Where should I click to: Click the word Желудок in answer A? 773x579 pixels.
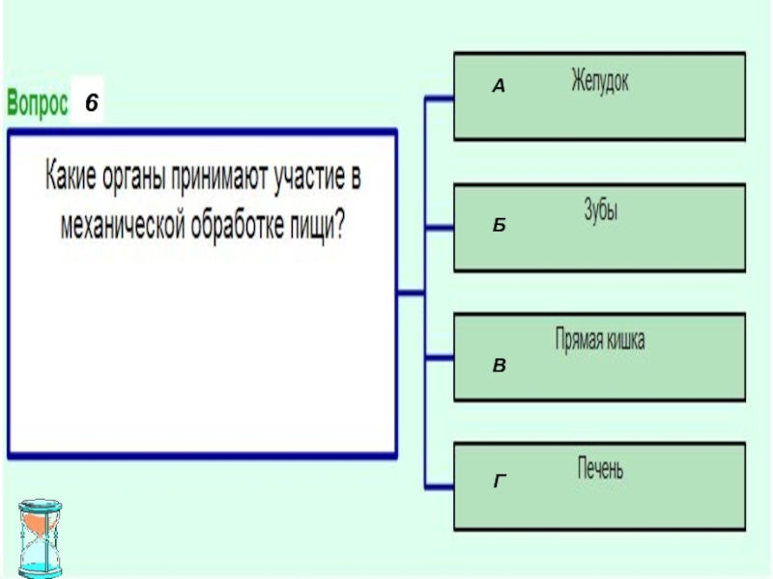[x=599, y=80]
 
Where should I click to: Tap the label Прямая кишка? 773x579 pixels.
[x=599, y=341]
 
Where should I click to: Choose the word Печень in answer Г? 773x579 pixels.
[x=599, y=472]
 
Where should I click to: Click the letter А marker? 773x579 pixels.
[x=499, y=87]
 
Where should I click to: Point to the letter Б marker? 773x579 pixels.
[x=499, y=225]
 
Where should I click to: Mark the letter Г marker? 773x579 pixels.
[x=500, y=479]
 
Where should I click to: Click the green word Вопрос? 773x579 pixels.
[x=39, y=102]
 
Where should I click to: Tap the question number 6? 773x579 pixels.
[x=88, y=102]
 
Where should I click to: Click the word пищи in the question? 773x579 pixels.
[x=317, y=226]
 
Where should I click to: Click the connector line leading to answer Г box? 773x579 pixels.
[x=440, y=485]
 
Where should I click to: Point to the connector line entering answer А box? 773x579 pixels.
[x=440, y=98]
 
